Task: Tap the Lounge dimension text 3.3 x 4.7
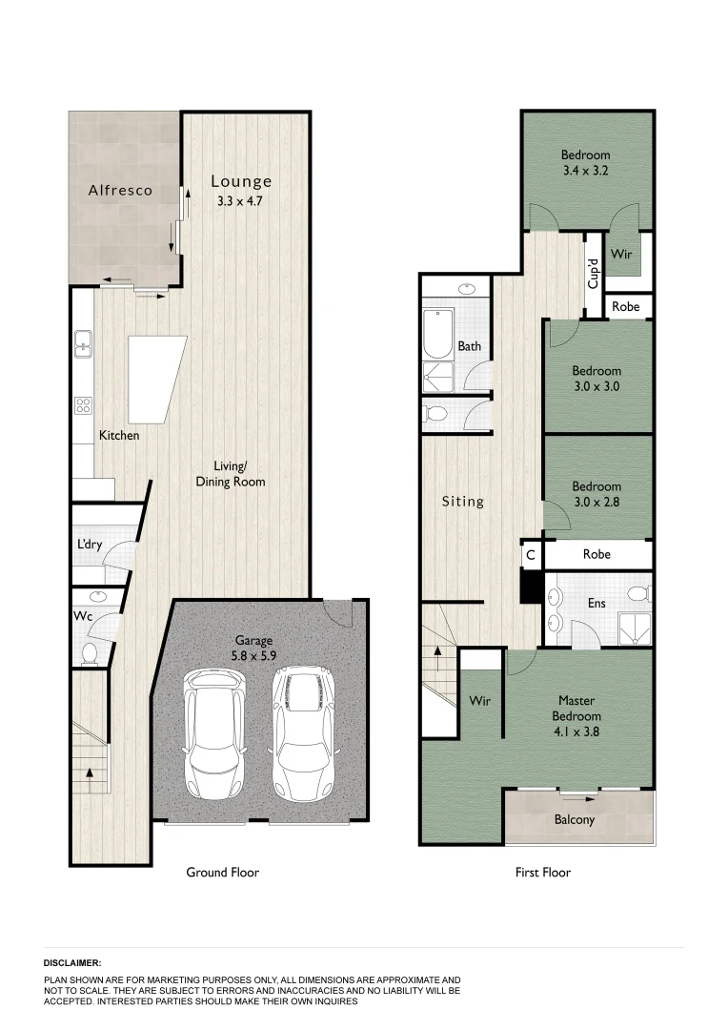(x=241, y=200)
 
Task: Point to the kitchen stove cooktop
(x=83, y=405)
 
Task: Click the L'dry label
(x=91, y=546)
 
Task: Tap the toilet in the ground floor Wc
(x=89, y=653)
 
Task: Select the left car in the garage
(x=214, y=733)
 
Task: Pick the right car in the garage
(x=303, y=731)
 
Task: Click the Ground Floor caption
(x=222, y=872)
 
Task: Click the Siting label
(x=462, y=501)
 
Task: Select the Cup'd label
(x=593, y=275)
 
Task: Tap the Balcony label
(x=575, y=819)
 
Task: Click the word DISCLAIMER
(x=72, y=963)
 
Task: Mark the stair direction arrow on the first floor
(x=439, y=655)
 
